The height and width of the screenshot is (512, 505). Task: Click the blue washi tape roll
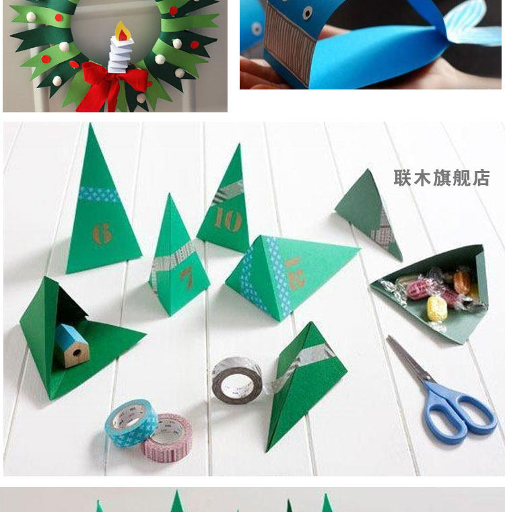click(x=131, y=423)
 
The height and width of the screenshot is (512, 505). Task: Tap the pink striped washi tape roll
click(x=168, y=438)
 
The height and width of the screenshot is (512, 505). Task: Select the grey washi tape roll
click(x=236, y=381)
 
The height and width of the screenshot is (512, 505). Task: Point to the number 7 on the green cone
click(x=187, y=278)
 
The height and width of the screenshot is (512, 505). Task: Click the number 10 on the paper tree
click(x=228, y=219)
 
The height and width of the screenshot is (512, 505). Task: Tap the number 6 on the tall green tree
click(x=102, y=233)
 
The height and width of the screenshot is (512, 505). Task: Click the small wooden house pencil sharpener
click(x=71, y=345)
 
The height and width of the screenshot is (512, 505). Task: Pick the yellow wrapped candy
click(x=437, y=309)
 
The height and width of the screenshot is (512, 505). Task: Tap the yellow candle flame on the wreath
click(x=123, y=32)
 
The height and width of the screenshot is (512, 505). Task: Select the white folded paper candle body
click(x=121, y=54)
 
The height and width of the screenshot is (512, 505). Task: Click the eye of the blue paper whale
click(x=307, y=13)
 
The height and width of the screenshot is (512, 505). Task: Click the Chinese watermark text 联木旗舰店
click(x=442, y=178)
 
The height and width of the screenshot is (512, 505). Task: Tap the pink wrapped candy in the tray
click(x=418, y=290)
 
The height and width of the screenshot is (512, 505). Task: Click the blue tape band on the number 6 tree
click(x=99, y=194)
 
